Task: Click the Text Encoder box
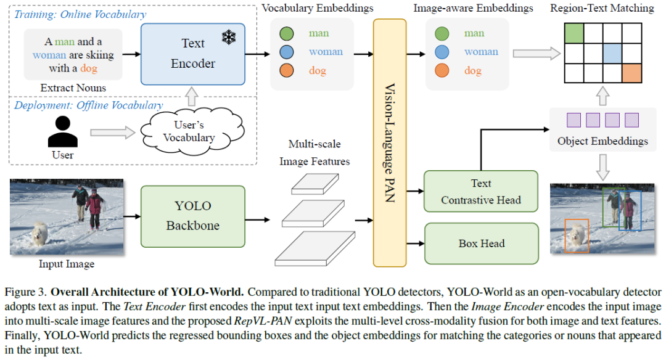point(193,54)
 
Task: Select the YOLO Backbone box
point(193,215)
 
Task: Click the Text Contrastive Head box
point(480,192)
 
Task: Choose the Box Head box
point(481,243)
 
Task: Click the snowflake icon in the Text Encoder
point(229,38)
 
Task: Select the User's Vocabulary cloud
point(189,131)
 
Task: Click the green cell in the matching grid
point(574,33)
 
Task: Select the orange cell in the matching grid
point(631,73)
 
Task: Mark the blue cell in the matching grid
point(612,53)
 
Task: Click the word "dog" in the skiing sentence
point(89,68)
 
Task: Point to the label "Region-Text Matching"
point(601,8)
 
